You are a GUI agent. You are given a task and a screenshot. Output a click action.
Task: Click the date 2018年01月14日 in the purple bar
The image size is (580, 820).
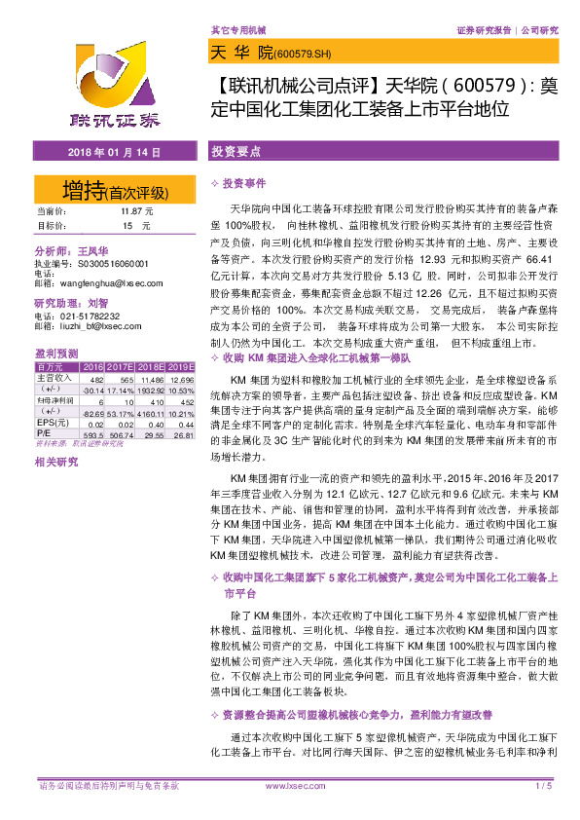click(x=114, y=154)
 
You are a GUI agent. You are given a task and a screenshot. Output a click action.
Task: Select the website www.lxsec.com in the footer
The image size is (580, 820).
click(x=294, y=785)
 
